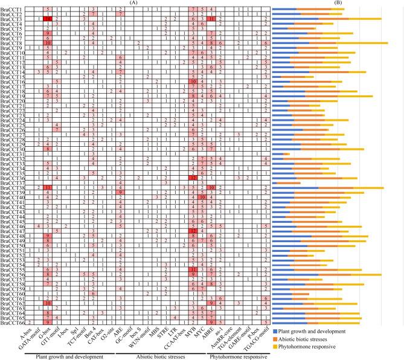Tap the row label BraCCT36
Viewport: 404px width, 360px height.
tap(12, 178)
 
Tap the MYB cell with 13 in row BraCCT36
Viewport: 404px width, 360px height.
tap(193, 178)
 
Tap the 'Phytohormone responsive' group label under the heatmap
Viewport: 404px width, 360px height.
tap(229, 356)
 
